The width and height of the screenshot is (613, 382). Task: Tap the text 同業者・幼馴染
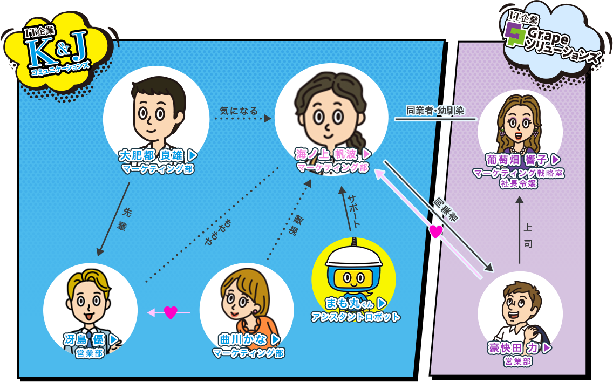[x=435, y=111]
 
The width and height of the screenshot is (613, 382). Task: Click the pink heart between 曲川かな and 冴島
[x=171, y=312]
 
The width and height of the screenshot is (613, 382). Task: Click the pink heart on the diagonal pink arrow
[x=435, y=231]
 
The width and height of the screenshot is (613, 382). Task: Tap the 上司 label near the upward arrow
[x=528, y=235]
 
